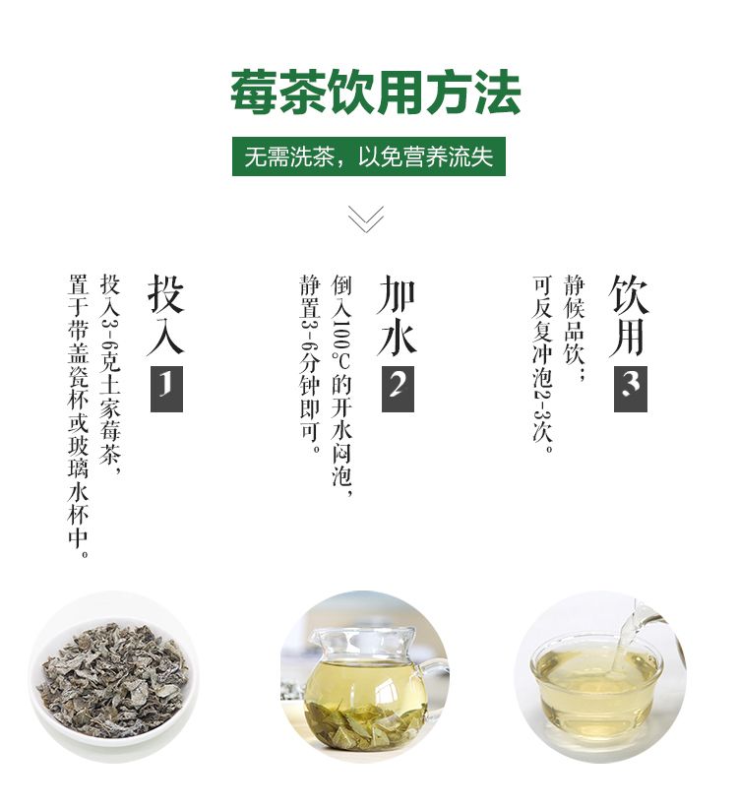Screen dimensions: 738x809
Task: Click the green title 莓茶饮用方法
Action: [x=375, y=93]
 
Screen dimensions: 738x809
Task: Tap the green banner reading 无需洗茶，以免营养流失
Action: [x=369, y=156]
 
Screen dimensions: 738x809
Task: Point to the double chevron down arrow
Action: [x=366, y=218]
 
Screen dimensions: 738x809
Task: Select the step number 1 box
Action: [x=166, y=389]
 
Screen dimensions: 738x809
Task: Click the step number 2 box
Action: [x=398, y=389]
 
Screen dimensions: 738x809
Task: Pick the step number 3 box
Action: [x=630, y=389]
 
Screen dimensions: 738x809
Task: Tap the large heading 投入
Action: [x=166, y=314]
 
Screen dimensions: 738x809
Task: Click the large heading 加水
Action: [x=398, y=314]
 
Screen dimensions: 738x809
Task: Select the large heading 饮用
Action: [x=629, y=314]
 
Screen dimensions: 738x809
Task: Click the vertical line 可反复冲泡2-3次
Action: [x=542, y=364]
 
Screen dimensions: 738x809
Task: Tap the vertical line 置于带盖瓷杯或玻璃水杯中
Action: [x=79, y=416]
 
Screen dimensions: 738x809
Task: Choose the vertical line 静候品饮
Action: [x=574, y=327]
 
